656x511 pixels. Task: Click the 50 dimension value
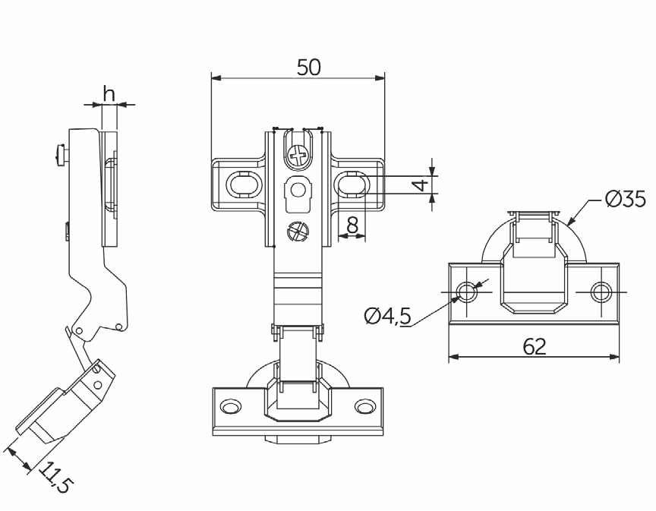point(309,67)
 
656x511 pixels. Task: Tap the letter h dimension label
point(109,93)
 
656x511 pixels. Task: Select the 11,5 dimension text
point(56,478)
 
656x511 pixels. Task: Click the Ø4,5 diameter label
point(388,316)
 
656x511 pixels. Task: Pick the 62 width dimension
point(535,346)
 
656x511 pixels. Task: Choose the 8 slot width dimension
point(353,226)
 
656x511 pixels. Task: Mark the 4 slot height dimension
point(423,185)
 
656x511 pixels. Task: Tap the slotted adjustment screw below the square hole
point(298,231)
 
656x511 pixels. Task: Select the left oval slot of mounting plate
point(244,184)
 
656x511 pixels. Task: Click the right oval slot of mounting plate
point(352,184)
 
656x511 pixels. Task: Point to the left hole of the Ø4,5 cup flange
point(467,292)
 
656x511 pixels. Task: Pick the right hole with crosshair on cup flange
point(601,292)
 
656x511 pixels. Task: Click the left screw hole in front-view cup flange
point(231,406)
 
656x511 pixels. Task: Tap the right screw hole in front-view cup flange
point(364,406)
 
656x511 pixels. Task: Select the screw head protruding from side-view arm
point(60,156)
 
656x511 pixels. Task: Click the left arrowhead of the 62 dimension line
point(454,357)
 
